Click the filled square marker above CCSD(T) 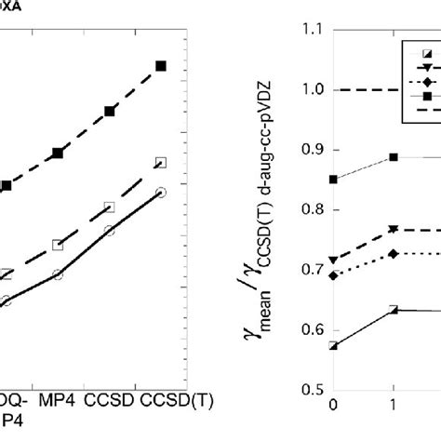(160, 66)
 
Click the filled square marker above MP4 (58, 153)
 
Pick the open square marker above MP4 (58, 246)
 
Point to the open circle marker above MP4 (58, 275)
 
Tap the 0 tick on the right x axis (333, 407)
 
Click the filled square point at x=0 (333, 180)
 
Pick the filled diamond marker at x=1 (394, 254)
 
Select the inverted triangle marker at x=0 (333, 261)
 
